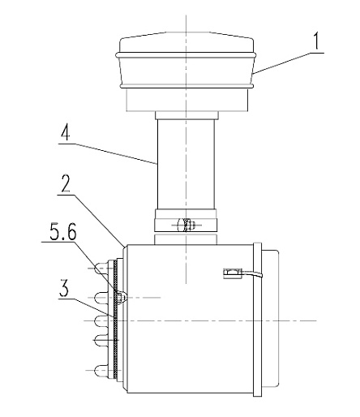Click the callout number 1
click(316, 41)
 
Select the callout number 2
click(66, 183)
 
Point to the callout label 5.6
click(63, 232)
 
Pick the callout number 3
click(64, 288)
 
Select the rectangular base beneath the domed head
click(187, 100)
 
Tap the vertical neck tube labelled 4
click(186, 165)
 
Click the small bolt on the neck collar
click(186, 225)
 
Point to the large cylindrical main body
click(189, 320)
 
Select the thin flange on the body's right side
click(258, 320)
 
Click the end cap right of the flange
click(270, 318)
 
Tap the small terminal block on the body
click(232, 273)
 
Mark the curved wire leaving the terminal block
click(252, 274)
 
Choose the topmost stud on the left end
click(101, 268)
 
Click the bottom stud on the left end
click(101, 370)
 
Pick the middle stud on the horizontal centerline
click(101, 320)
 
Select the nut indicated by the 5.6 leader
click(121, 297)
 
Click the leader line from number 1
click(289, 63)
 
